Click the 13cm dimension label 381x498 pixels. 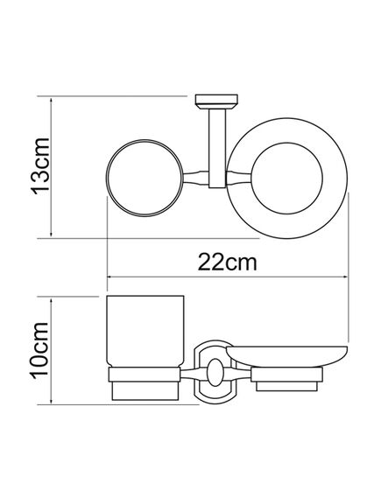pyautogui.click(x=40, y=166)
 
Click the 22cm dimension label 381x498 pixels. pyautogui.click(x=227, y=263)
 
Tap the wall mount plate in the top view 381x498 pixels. pyautogui.click(x=216, y=102)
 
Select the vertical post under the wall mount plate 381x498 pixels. pyautogui.click(x=217, y=148)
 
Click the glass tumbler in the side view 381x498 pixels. pyautogui.click(x=145, y=331)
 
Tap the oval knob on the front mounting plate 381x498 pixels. pyautogui.click(x=215, y=372)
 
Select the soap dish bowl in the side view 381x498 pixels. pyautogui.click(x=286, y=356)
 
